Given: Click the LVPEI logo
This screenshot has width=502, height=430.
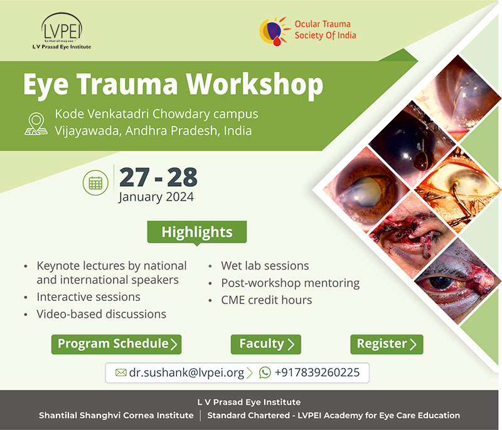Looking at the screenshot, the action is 61,31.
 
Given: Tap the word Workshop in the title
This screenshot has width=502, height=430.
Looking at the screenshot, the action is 255,85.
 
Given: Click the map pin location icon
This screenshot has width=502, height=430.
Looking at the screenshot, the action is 36,123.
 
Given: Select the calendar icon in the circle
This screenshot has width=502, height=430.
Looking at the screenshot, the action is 95,183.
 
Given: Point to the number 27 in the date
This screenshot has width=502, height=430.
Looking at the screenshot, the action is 134,177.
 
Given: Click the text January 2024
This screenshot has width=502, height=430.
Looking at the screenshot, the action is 156,197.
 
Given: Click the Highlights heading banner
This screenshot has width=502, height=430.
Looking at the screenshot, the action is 197,232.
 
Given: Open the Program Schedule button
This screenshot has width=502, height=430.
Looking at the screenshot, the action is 116,344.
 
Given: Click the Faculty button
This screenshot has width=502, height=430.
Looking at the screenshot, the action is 265,344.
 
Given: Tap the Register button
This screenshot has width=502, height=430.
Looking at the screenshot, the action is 387,344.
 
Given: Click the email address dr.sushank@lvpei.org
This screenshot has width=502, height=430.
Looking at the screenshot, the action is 186,373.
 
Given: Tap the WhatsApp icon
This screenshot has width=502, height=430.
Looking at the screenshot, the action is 265,372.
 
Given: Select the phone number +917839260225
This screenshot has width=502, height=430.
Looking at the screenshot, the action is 318,372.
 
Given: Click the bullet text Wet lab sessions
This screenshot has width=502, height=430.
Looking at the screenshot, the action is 265,266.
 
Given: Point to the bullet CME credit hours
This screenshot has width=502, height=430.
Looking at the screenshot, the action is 266,300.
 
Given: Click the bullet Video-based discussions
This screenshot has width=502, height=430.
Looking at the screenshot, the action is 102,314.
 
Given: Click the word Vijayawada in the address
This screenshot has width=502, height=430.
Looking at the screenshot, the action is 88,131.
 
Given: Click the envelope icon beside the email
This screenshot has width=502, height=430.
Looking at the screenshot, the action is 120,372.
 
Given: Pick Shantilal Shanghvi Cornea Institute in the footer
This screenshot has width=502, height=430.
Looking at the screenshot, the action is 116,416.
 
